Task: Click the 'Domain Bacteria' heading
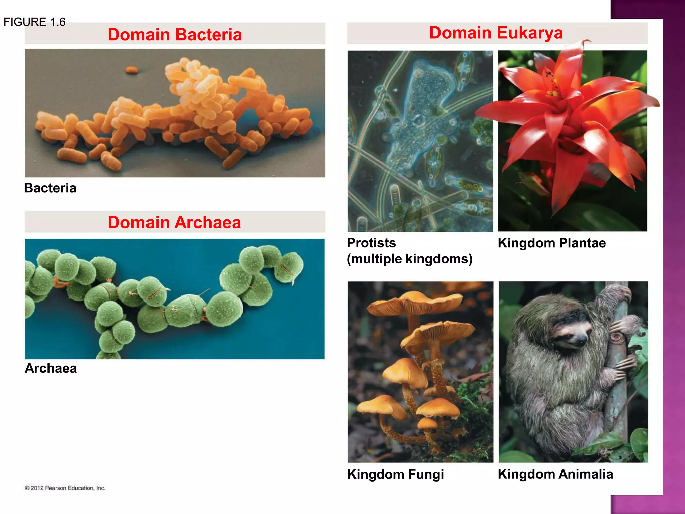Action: pyautogui.click(x=175, y=35)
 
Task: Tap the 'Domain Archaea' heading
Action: pyautogui.click(x=174, y=223)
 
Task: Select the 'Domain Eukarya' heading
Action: pyautogui.click(x=496, y=33)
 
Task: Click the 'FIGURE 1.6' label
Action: pyautogui.click(x=34, y=22)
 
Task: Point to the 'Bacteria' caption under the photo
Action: pyautogui.click(x=50, y=188)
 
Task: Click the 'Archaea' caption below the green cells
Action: pyautogui.click(x=51, y=368)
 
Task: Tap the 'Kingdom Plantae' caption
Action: pyautogui.click(x=552, y=243)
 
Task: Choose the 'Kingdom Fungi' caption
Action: pyautogui.click(x=395, y=474)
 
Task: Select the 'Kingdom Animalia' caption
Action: pyautogui.click(x=555, y=474)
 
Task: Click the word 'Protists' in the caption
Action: pyautogui.click(x=371, y=243)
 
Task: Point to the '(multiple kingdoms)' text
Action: pyautogui.click(x=409, y=259)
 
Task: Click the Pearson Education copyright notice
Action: pyautogui.click(x=65, y=488)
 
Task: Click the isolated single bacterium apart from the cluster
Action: pyautogui.click(x=132, y=70)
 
